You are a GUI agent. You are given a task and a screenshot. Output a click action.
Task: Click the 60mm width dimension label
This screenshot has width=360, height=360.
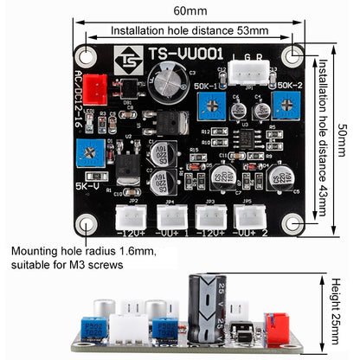(190, 10)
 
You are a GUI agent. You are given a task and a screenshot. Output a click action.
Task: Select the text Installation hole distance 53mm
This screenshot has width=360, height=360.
(190, 30)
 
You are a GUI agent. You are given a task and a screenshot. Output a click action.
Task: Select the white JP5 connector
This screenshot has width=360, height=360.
(245, 215)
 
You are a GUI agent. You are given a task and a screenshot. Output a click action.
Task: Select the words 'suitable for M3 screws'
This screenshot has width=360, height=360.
(67, 266)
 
